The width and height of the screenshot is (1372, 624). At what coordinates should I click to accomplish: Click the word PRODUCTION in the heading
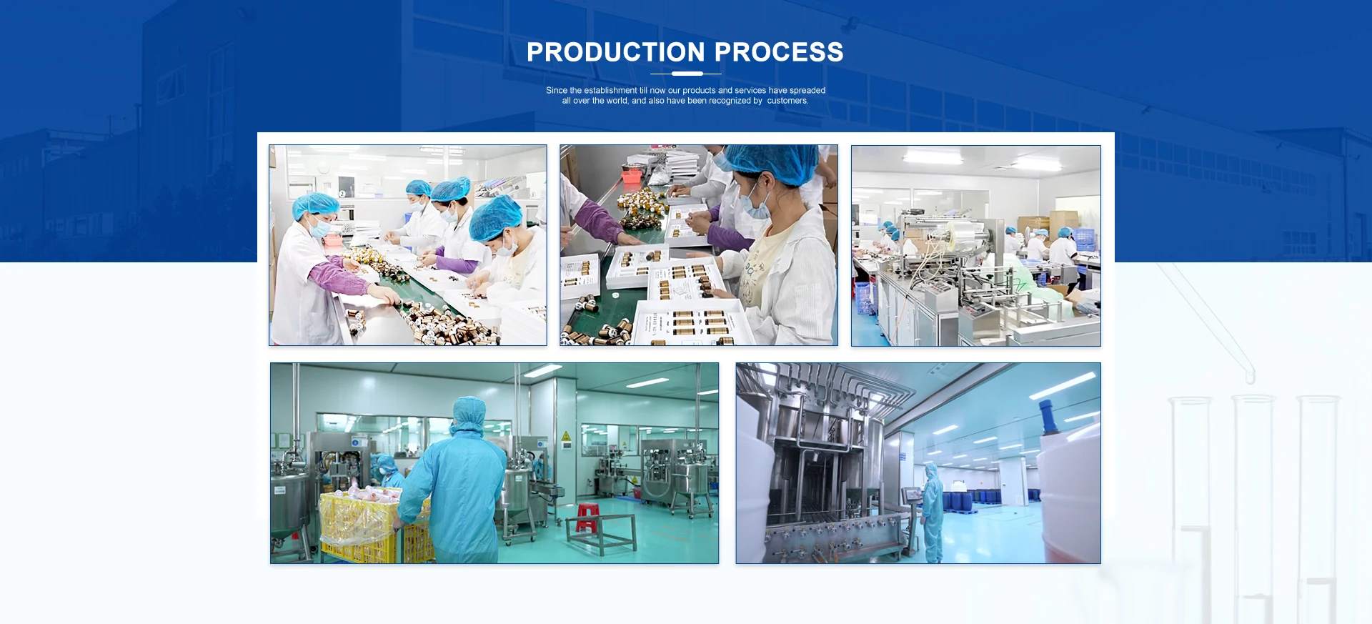pyautogui.click(x=616, y=52)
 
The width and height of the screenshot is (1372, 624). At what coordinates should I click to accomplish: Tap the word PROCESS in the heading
pyautogui.click(x=779, y=52)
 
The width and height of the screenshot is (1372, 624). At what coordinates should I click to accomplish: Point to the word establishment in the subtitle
pyautogui.click(x=610, y=90)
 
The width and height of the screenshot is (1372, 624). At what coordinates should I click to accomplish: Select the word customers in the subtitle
pyautogui.click(x=787, y=101)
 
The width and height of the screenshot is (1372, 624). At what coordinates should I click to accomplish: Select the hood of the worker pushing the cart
pyautogui.click(x=469, y=415)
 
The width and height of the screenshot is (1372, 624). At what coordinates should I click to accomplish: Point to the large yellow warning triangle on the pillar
pyautogui.click(x=566, y=436)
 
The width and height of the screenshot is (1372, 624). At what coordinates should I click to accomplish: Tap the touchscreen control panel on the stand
pyautogui.click(x=912, y=495)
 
